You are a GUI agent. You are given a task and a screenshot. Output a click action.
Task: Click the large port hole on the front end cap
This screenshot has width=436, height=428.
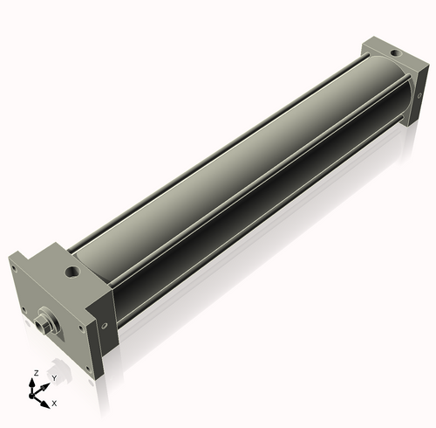point(72,272)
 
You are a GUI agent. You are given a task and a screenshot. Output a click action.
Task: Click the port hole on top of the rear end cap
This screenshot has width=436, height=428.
point(395,53)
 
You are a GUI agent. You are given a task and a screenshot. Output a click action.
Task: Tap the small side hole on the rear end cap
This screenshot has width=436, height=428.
point(419,95)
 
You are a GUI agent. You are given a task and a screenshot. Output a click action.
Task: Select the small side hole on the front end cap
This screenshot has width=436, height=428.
point(105,325)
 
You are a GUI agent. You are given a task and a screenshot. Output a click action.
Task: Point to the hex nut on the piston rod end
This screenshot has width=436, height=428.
point(40,323)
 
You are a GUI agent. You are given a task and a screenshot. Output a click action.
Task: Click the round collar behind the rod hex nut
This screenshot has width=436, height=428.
point(50,318)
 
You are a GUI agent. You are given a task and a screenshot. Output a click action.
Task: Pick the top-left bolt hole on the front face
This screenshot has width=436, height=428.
point(13,268)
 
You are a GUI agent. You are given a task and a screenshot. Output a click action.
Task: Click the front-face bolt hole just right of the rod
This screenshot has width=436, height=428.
point(81,328)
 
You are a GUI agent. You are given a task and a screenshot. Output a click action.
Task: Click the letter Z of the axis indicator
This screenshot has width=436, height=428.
point(37,373)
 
